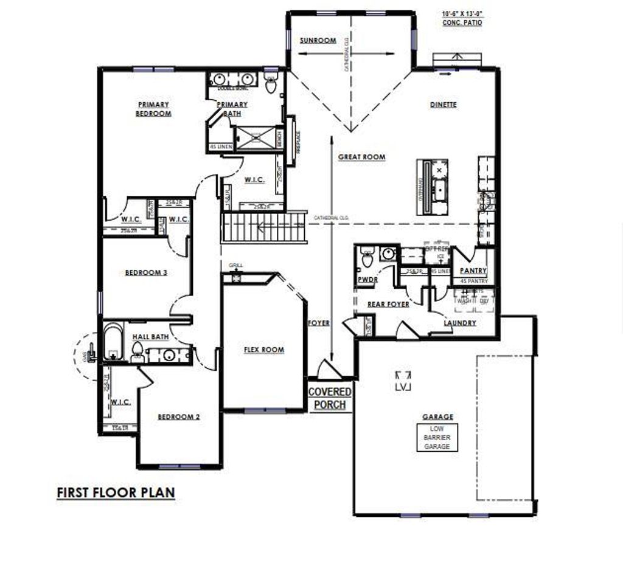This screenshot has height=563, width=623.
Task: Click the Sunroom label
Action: (318, 41)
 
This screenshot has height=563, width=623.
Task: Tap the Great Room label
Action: (361, 157)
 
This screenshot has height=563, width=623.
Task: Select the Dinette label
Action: (443, 105)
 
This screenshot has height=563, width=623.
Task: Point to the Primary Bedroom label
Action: (153, 109)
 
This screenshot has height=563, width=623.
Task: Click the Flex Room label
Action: (264, 350)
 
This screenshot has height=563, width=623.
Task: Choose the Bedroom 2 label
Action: (179, 416)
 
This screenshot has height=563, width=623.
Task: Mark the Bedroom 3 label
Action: (146, 272)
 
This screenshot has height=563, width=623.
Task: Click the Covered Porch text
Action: (330, 398)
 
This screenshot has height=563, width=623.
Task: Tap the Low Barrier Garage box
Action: (437, 438)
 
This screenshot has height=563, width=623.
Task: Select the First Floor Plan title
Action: (116, 492)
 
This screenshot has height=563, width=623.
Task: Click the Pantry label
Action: (473, 271)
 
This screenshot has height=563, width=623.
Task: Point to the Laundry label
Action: (460, 323)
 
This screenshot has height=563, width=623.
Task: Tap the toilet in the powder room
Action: (367, 258)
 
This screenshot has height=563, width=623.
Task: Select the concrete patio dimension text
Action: (462, 17)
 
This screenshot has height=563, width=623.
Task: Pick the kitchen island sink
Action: (438, 187)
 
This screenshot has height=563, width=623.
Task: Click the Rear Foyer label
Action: (388, 304)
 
